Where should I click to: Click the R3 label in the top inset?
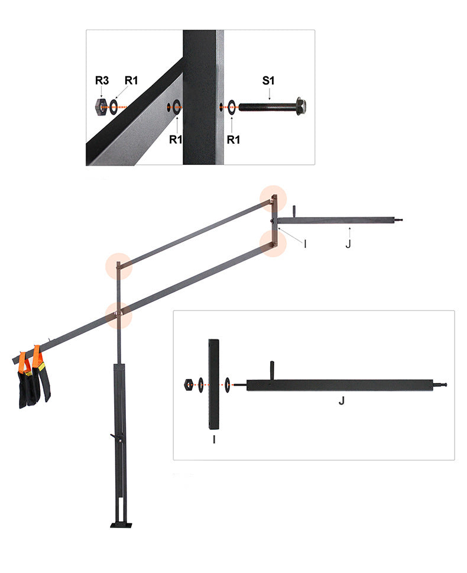click(102, 80)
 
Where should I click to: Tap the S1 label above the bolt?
click(268, 80)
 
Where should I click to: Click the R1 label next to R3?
click(131, 80)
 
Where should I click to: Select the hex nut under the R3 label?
click(100, 107)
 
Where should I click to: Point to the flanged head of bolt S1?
click(301, 106)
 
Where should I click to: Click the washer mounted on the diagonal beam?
click(177, 107)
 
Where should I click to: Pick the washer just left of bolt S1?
click(232, 107)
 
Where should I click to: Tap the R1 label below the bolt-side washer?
click(234, 140)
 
